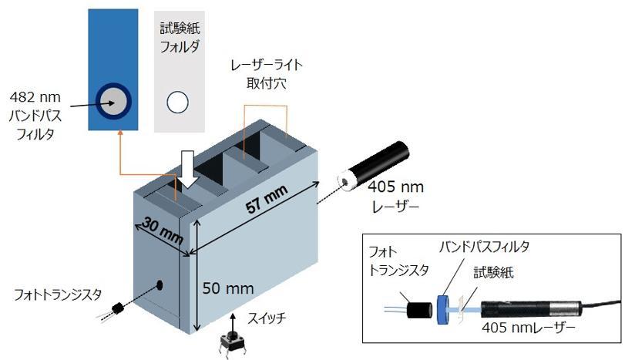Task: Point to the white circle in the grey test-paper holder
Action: pos(178,101)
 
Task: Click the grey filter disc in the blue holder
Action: pos(113,99)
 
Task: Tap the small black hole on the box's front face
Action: pos(160,284)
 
